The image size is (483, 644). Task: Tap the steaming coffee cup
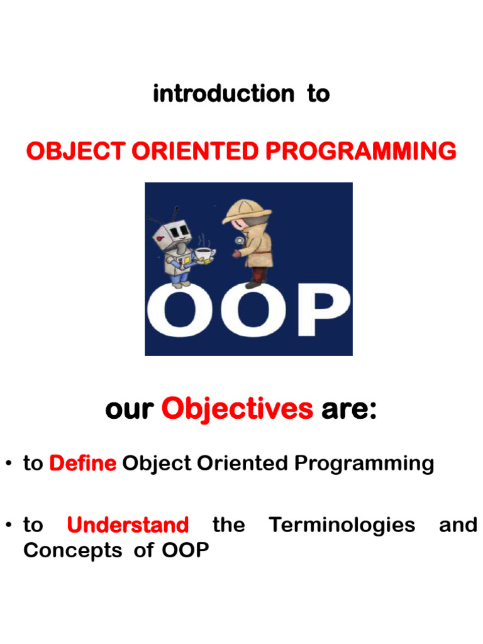coord(203,252)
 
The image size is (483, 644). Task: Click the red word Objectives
coord(237,410)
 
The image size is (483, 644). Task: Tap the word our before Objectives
coord(129,410)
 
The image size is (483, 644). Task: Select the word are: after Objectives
coord(349,410)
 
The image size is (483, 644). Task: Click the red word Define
coord(82,464)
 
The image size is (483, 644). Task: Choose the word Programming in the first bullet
coord(365,464)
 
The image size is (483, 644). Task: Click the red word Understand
coord(128,525)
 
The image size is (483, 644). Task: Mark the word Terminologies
coord(342,525)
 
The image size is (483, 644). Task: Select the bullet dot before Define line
coord(9,465)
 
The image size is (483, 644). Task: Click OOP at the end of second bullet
coord(186,550)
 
